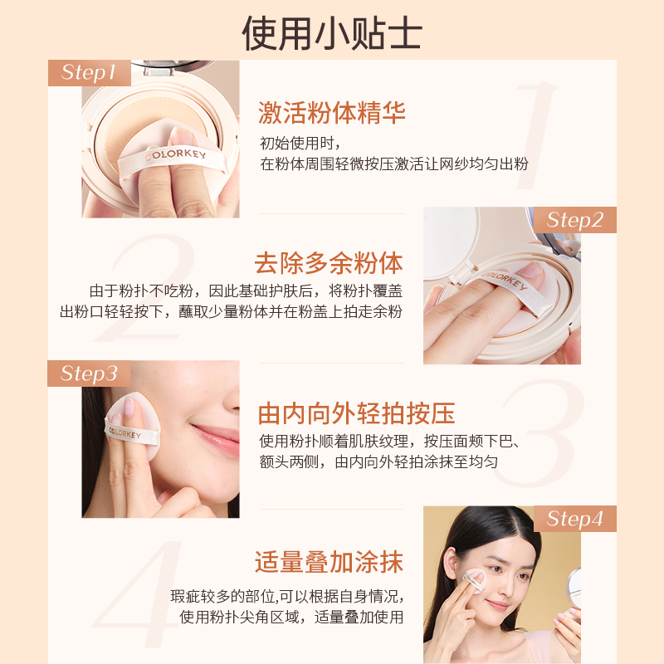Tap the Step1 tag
90,72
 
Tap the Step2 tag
574,220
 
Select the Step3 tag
90,373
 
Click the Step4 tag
574,520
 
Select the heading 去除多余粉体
329,263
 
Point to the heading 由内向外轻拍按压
356,413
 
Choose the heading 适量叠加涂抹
329,562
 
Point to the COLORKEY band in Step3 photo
122,432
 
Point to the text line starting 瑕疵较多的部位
287,597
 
